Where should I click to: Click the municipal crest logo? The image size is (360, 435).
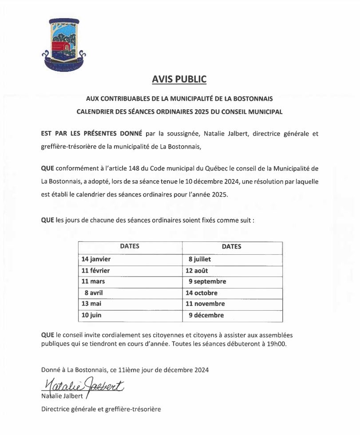pos(63,44)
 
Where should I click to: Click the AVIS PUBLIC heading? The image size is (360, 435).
pos(179,79)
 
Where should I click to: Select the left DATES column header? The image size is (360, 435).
pos(130,246)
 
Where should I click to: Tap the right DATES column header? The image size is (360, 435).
pos(232,246)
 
